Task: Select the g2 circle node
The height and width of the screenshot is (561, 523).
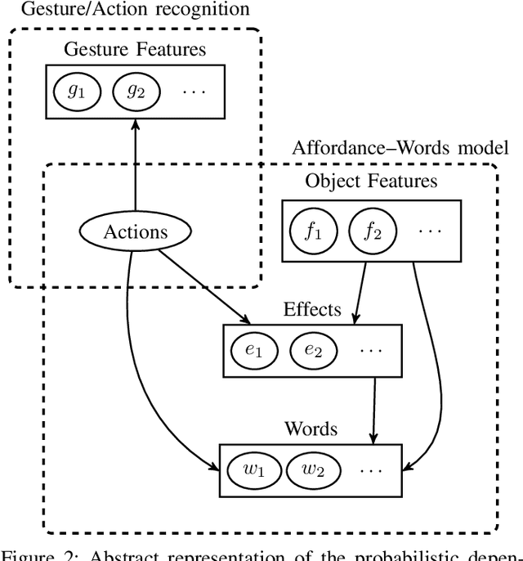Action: tap(134, 92)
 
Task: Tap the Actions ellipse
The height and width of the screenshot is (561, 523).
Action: tap(136, 231)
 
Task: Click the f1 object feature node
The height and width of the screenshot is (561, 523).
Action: tap(313, 231)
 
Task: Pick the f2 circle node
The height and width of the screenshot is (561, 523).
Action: tap(372, 231)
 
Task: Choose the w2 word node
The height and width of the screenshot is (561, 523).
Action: tap(312, 470)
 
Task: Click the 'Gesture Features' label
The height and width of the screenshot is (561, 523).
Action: tap(136, 48)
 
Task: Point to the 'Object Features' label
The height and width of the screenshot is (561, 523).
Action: tap(371, 181)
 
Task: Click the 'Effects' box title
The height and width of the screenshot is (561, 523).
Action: tap(312, 309)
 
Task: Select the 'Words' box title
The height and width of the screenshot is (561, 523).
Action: tap(311, 429)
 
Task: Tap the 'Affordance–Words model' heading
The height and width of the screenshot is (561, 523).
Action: tap(400, 147)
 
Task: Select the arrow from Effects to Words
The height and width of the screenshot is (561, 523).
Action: tap(373, 409)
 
